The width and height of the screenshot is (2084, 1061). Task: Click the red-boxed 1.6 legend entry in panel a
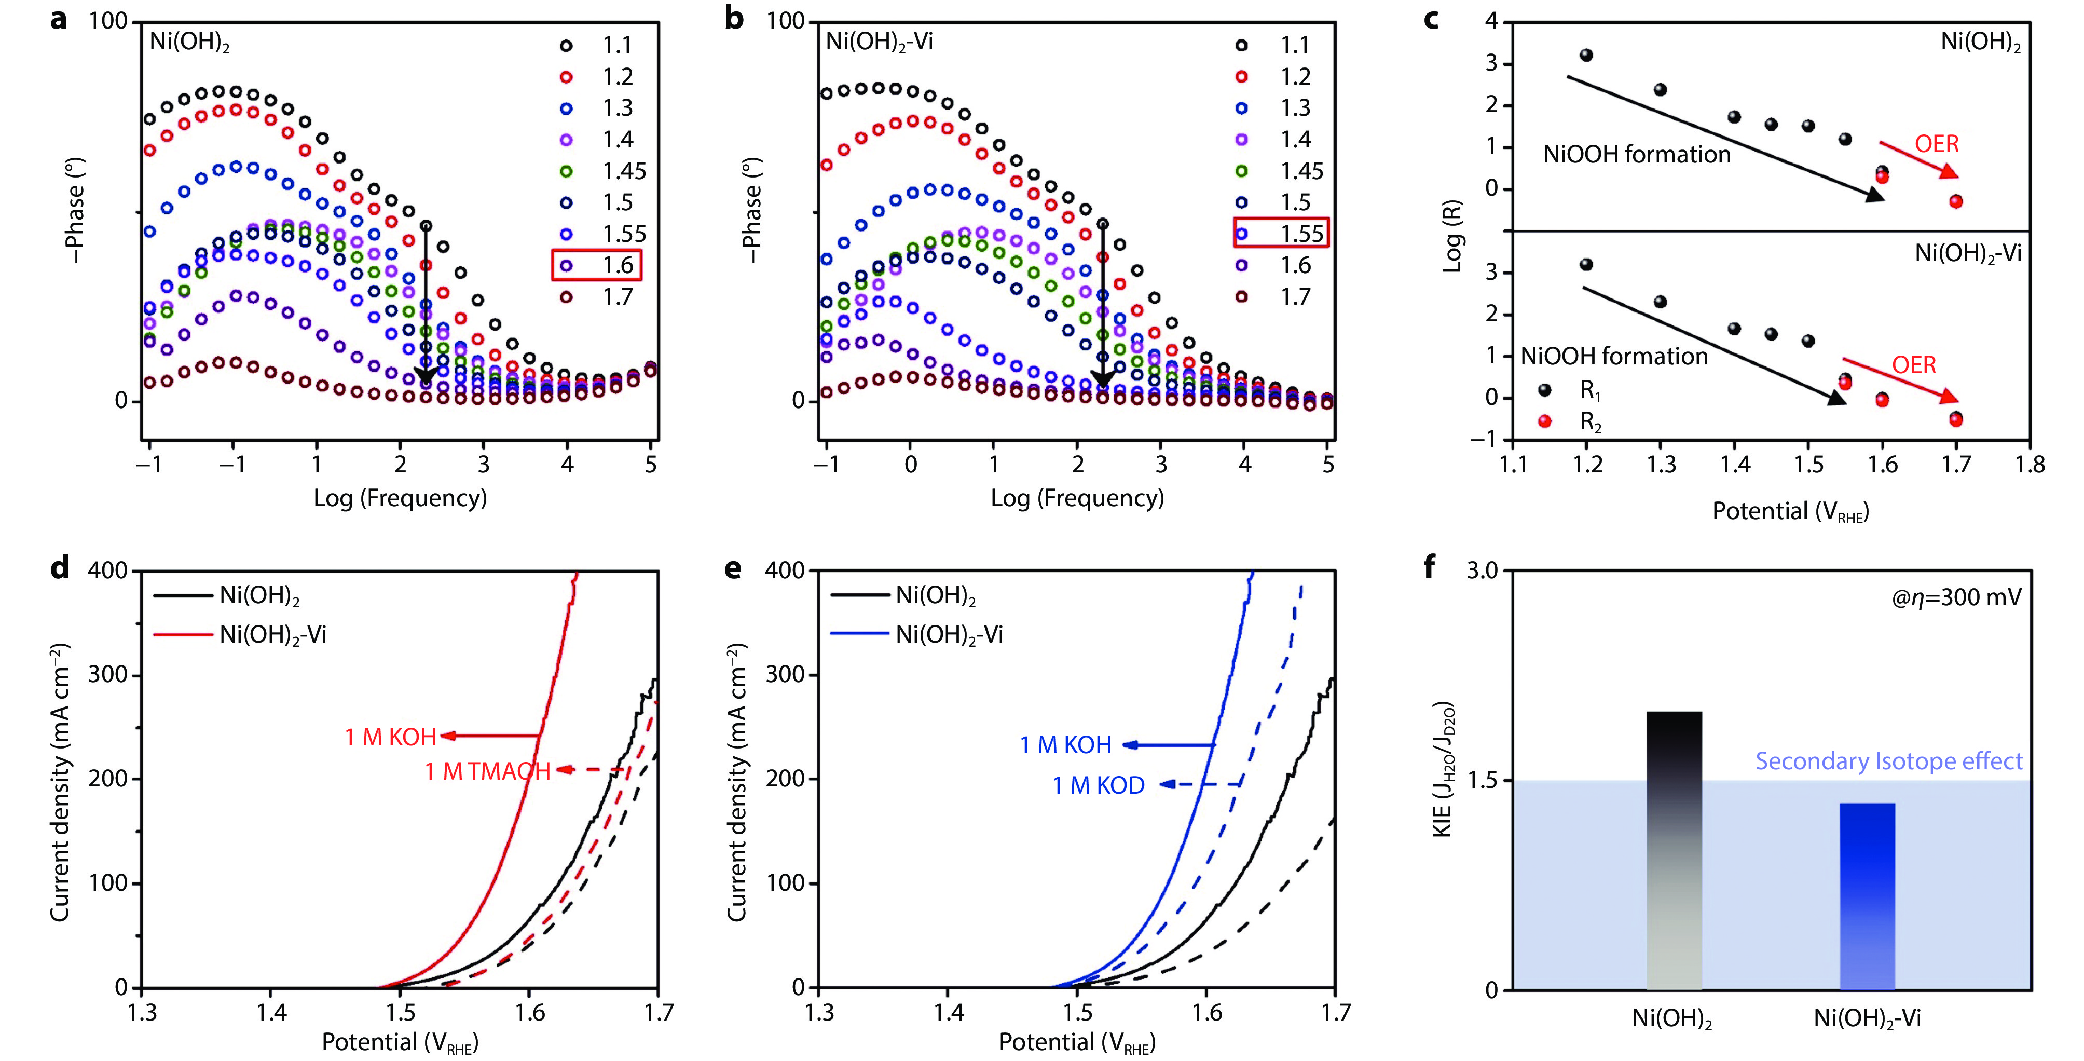(597, 265)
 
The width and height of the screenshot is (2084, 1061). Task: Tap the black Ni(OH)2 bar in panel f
(1674, 850)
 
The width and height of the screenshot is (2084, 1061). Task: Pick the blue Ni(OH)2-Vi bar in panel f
(1867, 896)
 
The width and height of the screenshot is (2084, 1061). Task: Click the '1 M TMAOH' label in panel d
(487, 771)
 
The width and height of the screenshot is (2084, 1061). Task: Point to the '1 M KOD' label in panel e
(1098, 785)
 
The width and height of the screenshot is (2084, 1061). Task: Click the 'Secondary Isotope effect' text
(1888, 761)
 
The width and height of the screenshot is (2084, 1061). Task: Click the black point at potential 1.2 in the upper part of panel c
(1586, 55)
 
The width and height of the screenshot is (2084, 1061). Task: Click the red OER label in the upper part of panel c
(1936, 144)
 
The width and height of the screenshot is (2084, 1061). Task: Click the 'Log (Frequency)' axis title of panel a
(401, 498)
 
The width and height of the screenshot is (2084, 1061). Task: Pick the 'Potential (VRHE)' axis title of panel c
(1790, 511)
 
